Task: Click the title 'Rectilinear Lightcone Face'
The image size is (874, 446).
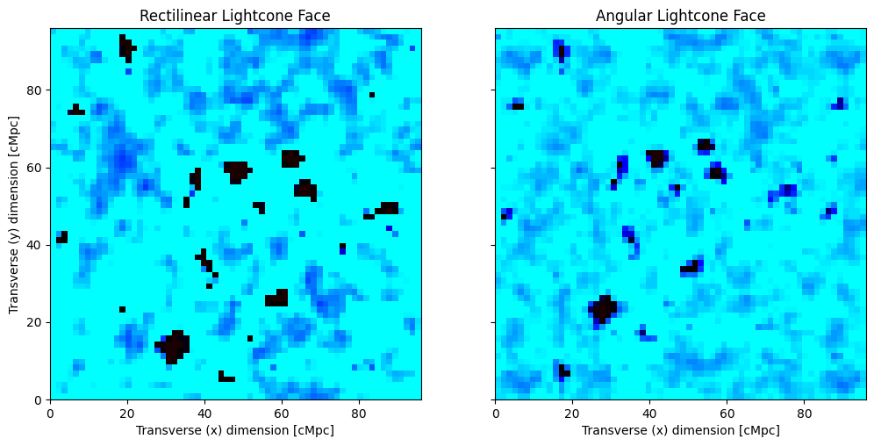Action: [x=235, y=16]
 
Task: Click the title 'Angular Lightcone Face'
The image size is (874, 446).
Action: [x=680, y=16]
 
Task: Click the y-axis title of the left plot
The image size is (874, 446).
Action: [x=14, y=213]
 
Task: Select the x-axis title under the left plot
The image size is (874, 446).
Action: [x=235, y=430]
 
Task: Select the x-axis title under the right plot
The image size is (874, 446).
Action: [x=680, y=430]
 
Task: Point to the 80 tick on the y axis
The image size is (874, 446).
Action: [x=35, y=90]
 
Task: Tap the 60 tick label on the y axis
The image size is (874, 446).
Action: [x=35, y=168]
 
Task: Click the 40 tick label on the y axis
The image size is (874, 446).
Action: [x=35, y=245]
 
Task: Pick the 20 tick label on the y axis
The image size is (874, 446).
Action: [x=35, y=322]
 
